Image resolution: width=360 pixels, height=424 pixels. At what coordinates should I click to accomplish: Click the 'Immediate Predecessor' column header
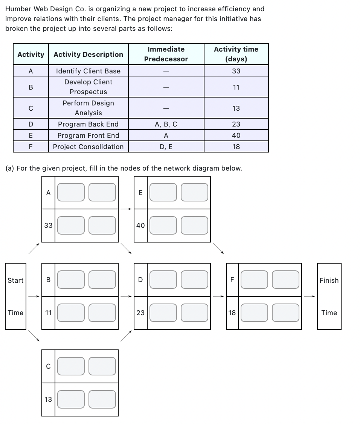(166, 54)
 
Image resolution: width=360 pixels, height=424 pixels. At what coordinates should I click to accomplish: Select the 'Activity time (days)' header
(236, 54)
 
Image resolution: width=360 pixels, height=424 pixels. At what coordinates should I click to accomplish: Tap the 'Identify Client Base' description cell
(88, 71)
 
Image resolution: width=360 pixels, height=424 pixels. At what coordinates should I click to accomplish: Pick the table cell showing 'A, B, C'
(166, 124)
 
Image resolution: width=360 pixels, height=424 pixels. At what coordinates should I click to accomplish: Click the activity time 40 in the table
(236, 136)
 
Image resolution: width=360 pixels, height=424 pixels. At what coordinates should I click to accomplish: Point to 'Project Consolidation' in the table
(88, 147)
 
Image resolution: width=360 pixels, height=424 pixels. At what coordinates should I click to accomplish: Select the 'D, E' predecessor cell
(166, 147)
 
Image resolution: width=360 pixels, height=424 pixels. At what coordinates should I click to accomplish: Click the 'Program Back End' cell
(88, 124)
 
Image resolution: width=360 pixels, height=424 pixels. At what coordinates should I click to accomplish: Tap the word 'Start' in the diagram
(15, 280)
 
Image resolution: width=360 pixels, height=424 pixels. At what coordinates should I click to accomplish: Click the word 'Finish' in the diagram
(329, 280)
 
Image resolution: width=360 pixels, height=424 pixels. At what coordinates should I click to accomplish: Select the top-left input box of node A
(71, 192)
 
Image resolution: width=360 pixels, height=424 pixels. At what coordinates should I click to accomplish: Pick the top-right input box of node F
(286, 280)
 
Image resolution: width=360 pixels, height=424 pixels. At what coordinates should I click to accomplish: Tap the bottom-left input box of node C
(71, 399)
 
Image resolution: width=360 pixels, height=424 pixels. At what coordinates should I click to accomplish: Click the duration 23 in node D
(140, 313)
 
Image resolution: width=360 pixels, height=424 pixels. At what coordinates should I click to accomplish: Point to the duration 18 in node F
(232, 313)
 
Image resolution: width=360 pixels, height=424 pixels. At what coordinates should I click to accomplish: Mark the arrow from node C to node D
(126, 336)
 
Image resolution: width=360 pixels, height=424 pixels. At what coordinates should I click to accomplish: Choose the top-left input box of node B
(71, 280)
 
